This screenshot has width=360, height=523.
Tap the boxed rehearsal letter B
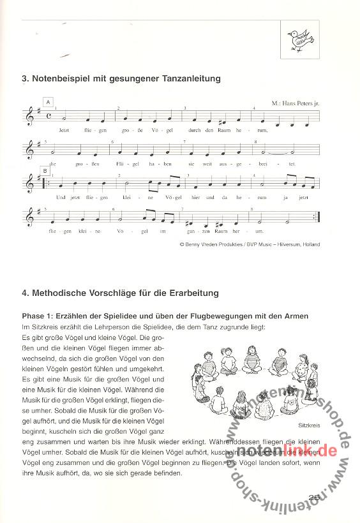(45, 170)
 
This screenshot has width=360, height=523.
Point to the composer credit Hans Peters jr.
(300, 102)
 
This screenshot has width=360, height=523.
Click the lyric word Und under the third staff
(61, 198)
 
